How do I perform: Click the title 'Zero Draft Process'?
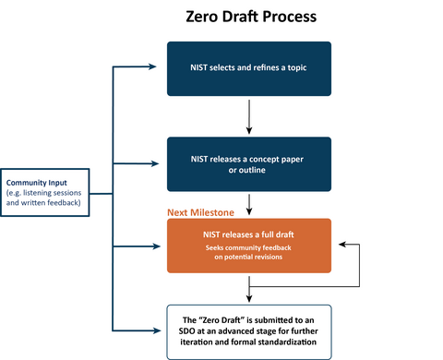pyautogui.click(x=250, y=18)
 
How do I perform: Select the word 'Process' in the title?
pyautogui.click(x=296, y=18)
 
